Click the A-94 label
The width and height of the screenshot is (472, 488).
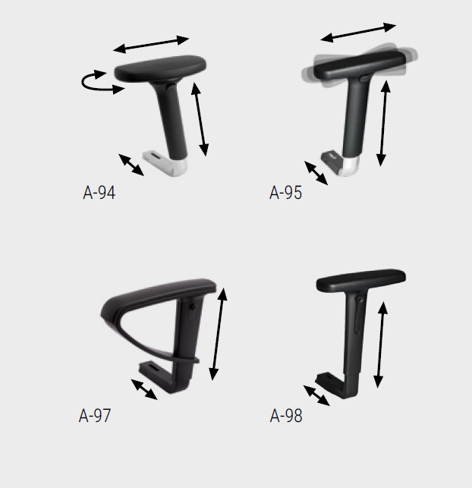coord(99,193)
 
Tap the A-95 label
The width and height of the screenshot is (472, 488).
coord(285,193)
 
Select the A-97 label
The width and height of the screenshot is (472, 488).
coord(95,415)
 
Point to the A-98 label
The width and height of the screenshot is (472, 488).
coord(286,415)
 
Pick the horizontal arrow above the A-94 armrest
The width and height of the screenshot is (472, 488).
coord(151,45)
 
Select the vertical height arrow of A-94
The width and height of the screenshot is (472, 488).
coord(200,119)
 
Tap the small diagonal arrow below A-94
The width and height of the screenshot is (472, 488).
coord(131,165)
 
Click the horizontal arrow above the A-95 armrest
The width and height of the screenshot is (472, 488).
coord(358,32)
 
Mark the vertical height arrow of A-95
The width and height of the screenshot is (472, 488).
coord(383,123)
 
